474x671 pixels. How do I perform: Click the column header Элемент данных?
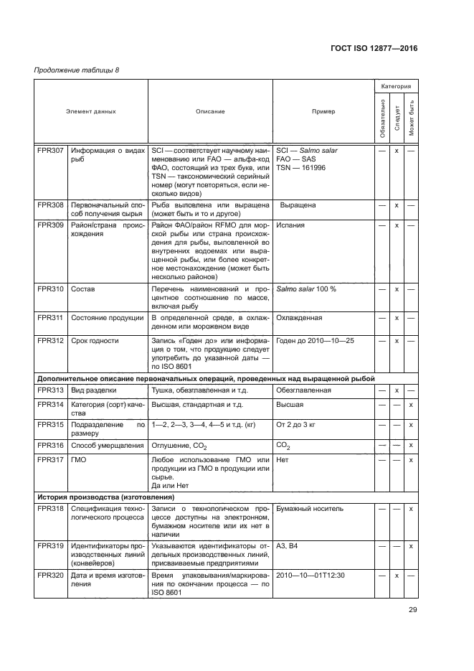coord(91,112)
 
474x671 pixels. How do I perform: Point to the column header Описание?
coord(210,112)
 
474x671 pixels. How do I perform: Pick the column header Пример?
coord(323,112)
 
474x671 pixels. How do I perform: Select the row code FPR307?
coord(49,151)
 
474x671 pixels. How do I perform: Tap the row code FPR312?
coord(49,341)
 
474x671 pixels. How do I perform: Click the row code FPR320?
coord(49,575)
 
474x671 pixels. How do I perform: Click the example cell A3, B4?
coord(288,545)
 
